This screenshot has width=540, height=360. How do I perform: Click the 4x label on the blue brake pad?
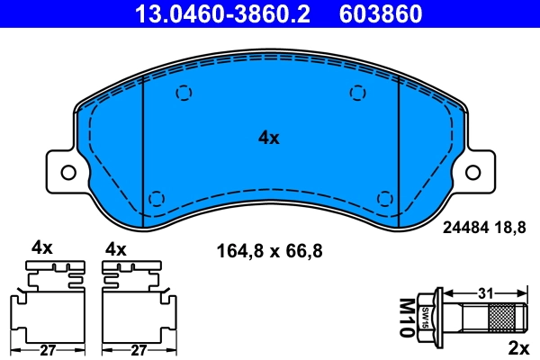coord(269,138)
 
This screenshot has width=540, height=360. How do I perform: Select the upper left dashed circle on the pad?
coord(184,92)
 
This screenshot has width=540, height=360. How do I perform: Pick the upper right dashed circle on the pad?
coord(358,92)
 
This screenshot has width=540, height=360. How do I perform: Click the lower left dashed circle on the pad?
coord(156,198)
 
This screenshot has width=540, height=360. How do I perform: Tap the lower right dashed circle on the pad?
coord(385,198)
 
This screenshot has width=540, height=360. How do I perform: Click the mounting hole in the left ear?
coord(67,171)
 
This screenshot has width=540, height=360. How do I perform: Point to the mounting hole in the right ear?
coord(473,171)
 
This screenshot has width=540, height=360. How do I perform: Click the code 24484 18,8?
coord(482,229)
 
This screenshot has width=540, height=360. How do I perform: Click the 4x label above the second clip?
coord(116,247)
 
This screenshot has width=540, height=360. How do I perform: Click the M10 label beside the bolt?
coord(406,318)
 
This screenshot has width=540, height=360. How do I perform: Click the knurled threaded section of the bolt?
coord(504,318)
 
